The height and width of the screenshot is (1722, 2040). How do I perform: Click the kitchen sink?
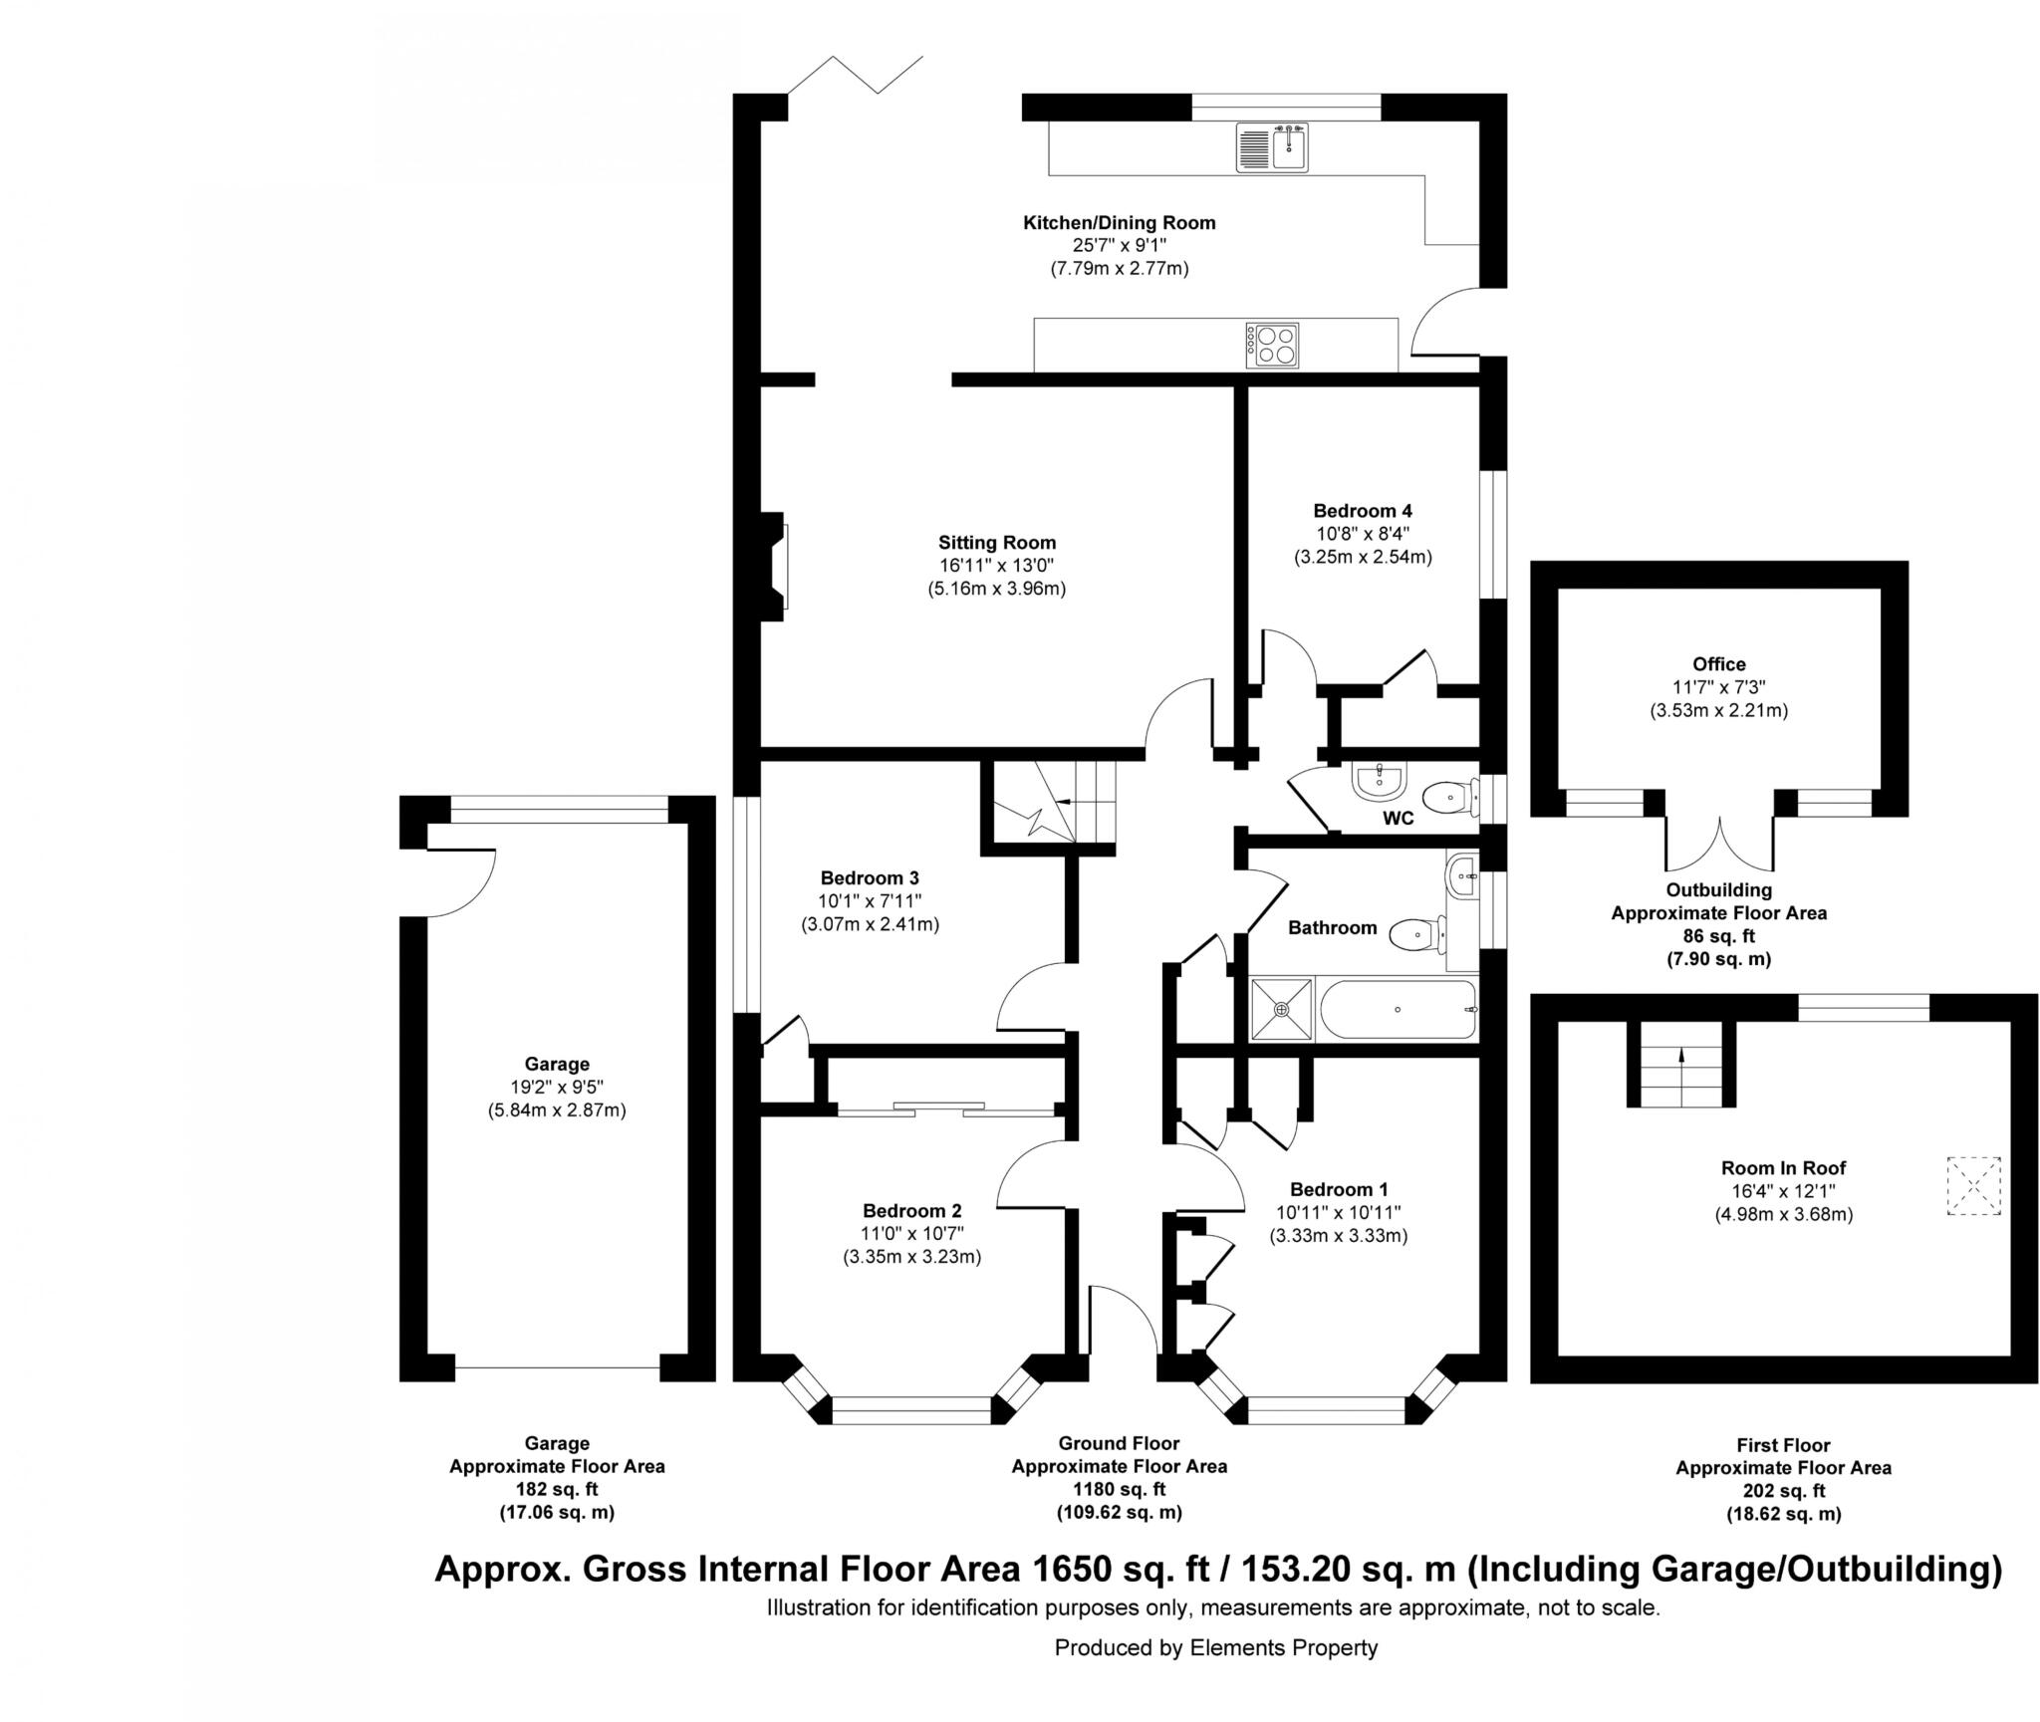1272,147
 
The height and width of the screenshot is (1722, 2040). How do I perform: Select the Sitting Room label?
996,543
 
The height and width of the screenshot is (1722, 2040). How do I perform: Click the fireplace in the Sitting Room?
775,566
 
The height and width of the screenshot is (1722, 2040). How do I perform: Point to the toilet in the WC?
1448,797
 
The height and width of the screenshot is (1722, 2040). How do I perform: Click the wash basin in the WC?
1380,781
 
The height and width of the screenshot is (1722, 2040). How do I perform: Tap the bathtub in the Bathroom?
1398,1010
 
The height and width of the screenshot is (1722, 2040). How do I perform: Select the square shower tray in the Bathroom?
1281,1010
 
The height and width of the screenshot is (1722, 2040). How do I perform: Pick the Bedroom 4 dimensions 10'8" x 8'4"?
1362,534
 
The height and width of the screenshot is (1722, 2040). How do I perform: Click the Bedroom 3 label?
870,877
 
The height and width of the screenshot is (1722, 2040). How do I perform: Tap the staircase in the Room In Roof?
1682,1066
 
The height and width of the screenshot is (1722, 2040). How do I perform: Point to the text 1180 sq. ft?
1119,1489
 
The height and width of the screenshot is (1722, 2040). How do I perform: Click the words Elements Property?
1283,1647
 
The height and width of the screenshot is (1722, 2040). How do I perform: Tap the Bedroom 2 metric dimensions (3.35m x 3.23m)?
911,1257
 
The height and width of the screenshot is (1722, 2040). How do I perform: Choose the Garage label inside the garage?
557,1064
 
